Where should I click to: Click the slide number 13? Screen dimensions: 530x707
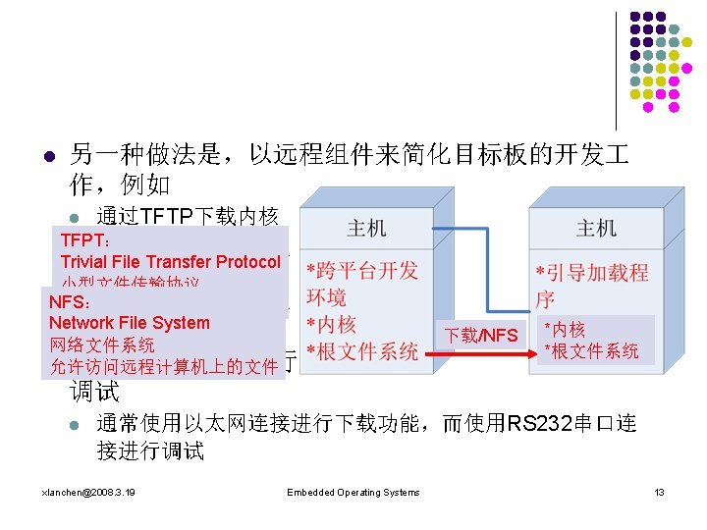[x=660, y=492]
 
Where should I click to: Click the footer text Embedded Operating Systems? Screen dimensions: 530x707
[x=353, y=492]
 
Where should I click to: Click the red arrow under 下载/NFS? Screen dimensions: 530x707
[x=481, y=360]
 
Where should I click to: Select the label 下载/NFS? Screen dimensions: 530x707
[x=481, y=336]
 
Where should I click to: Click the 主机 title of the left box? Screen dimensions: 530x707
[x=365, y=229]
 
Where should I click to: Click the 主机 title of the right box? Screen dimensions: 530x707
[x=596, y=229]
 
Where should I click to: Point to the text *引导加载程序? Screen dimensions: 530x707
[x=590, y=285]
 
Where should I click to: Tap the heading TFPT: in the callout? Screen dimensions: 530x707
[x=85, y=240]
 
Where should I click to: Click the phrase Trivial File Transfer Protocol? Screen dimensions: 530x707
[x=170, y=262]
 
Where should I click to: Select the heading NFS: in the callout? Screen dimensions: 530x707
[x=71, y=302]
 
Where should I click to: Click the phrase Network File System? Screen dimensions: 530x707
[x=129, y=323]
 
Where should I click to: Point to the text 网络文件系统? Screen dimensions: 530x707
[x=101, y=344]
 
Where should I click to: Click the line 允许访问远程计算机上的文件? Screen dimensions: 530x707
[x=163, y=367]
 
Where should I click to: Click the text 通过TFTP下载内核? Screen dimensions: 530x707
[x=187, y=216]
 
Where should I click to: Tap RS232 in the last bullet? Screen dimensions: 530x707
[x=543, y=424]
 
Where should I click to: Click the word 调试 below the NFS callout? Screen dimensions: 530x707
[x=94, y=393]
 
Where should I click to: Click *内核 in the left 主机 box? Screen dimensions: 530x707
[x=332, y=324]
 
